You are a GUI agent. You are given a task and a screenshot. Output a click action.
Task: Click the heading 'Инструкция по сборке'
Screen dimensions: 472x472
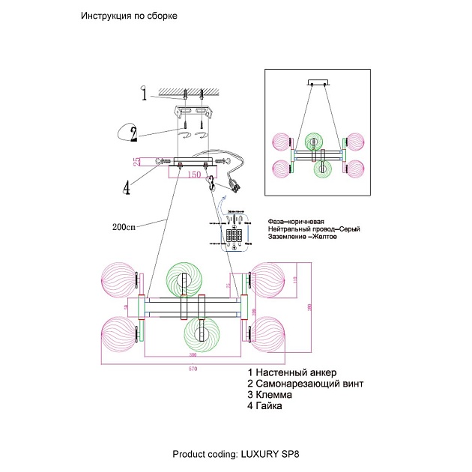click(129, 16)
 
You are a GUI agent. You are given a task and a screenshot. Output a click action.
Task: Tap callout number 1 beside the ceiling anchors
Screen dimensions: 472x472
click(142, 94)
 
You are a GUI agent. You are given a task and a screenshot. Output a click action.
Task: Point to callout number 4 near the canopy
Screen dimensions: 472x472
click(127, 187)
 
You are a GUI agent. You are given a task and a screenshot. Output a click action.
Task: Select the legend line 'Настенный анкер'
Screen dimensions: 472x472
click(296, 372)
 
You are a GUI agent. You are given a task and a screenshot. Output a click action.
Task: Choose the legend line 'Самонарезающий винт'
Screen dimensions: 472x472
click(309, 384)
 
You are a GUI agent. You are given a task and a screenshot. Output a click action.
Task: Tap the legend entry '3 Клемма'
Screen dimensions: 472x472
click(273, 395)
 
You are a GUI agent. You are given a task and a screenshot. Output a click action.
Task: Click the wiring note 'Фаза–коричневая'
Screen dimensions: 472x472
click(295, 223)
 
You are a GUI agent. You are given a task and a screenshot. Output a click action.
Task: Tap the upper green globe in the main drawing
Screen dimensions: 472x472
click(183, 278)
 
